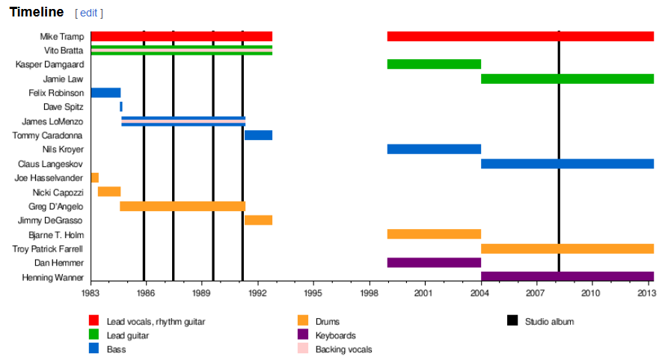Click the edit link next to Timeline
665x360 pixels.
(89, 13)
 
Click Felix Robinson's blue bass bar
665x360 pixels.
(105, 93)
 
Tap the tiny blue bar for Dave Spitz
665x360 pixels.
(121, 107)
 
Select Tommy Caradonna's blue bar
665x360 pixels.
(258, 135)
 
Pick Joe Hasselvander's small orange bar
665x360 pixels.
(95, 178)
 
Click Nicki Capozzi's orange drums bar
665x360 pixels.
(109, 192)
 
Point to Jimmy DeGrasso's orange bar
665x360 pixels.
(258, 220)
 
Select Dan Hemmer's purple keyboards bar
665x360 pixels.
(434, 263)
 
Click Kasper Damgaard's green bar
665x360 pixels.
(434, 64)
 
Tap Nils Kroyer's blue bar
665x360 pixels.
(434, 150)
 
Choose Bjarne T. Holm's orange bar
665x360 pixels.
(434, 234)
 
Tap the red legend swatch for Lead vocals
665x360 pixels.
(94, 322)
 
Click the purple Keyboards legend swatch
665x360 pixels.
(303, 335)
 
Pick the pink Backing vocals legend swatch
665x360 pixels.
(303, 349)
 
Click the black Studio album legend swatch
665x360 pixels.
(512, 322)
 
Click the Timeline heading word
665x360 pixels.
(37, 12)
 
